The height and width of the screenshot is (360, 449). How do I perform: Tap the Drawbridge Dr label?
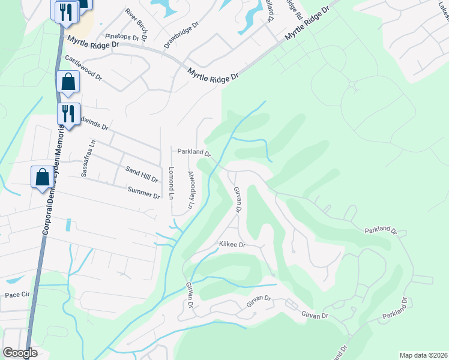coord(181,37)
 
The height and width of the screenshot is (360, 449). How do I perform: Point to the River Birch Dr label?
coord(137,22)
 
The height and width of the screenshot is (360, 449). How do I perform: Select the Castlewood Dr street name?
coord(83,68)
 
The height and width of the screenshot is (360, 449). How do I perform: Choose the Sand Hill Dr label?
coord(142,175)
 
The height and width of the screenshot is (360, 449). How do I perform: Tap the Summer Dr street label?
coord(144,193)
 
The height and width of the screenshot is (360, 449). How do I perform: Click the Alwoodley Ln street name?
coord(192,189)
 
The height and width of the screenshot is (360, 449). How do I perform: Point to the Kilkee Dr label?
coord(233,245)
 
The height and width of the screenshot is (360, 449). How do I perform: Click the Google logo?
coord(20,353)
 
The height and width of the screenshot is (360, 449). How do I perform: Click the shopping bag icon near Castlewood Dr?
coord(68,83)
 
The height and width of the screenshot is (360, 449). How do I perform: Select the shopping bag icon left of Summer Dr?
coord(43,178)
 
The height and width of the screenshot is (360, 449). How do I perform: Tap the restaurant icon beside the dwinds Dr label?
coord(68,113)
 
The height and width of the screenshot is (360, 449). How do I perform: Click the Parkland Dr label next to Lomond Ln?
coord(193,152)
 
